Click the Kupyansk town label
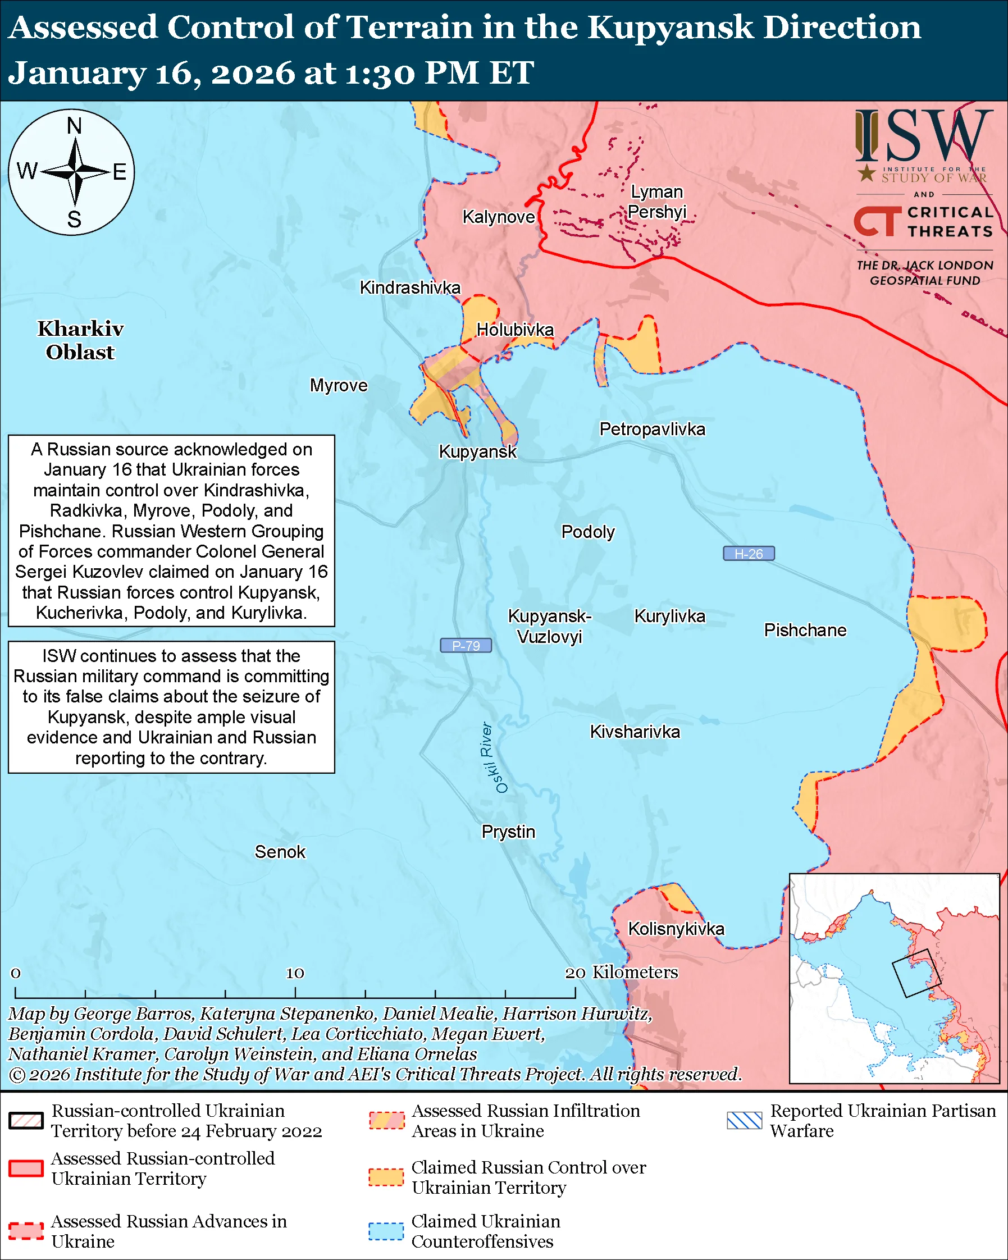[x=477, y=452]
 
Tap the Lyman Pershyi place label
[x=657, y=202]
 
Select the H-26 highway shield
[x=749, y=554]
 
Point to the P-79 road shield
[x=466, y=646]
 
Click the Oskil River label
[x=494, y=757]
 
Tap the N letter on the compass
[x=74, y=126]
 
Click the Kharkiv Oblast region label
[x=81, y=340]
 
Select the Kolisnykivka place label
[x=676, y=929]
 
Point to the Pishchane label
[x=805, y=630]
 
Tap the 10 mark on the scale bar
[x=295, y=973]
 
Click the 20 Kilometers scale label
[x=621, y=973]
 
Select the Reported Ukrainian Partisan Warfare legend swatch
[x=745, y=1120]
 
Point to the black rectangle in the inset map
[x=916, y=973]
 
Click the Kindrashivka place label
[x=409, y=287]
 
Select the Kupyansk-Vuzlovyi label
[x=549, y=626]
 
